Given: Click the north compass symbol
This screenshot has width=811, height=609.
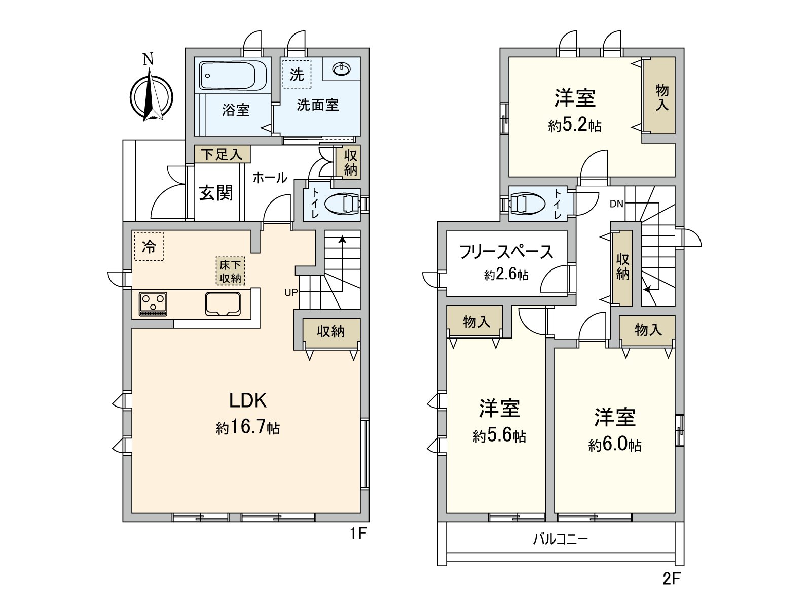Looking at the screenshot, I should pyautogui.click(x=151, y=96).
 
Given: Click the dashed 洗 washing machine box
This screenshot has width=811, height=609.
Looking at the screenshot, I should pyautogui.click(x=297, y=74).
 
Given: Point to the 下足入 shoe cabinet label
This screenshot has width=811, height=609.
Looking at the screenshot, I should pyautogui.click(x=222, y=154).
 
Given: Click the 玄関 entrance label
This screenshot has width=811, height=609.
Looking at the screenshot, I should pyautogui.click(x=216, y=193).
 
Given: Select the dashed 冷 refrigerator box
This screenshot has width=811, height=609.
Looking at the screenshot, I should pyautogui.click(x=149, y=246).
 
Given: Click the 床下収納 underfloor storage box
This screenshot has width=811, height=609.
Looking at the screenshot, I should pyautogui.click(x=230, y=271).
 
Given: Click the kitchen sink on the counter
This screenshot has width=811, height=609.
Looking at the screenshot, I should pyautogui.click(x=223, y=304).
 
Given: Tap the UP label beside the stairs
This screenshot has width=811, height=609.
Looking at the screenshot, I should pyautogui.click(x=291, y=293).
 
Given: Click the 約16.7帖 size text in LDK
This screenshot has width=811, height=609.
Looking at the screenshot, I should pyautogui.click(x=248, y=427).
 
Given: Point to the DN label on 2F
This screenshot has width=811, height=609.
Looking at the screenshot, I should pyautogui.click(x=616, y=204).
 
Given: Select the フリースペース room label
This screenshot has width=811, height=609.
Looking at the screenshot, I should pyautogui.click(x=506, y=252).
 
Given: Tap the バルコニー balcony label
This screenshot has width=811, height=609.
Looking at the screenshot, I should pyautogui.click(x=560, y=538).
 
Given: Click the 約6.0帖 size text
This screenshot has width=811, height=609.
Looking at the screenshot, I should pyautogui.click(x=615, y=445).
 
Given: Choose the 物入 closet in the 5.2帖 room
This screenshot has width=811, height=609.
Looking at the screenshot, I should pyautogui.click(x=661, y=96).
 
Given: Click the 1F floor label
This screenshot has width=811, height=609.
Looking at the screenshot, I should pyautogui.click(x=358, y=534).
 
